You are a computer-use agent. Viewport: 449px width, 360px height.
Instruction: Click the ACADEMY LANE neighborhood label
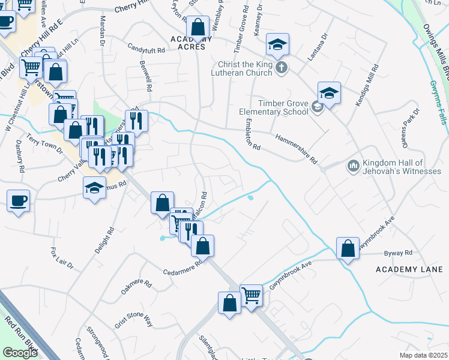[408, 269]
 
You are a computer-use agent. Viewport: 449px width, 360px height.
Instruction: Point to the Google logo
[20, 352]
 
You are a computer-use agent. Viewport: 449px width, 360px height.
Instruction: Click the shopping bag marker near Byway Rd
[348, 248]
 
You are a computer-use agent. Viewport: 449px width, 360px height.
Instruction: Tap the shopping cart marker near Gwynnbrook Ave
[251, 295]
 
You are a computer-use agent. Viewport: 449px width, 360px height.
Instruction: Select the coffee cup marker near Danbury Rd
[18, 200]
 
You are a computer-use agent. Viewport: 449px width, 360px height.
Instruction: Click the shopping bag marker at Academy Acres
[197, 28]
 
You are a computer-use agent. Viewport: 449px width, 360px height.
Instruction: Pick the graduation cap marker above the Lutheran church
[277, 44]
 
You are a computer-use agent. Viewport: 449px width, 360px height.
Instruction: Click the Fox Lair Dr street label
[62, 257]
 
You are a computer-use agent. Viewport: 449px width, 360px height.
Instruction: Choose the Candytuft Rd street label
[146, 49]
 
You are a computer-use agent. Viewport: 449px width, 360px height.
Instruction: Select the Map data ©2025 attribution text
[424, 355]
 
